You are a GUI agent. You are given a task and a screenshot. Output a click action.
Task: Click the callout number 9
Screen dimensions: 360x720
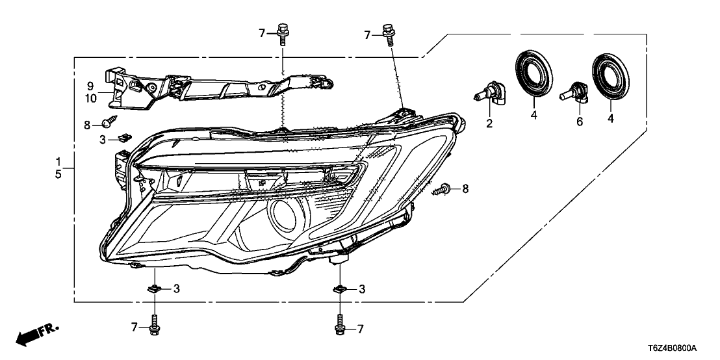pyautogui.click(x=91, y=85)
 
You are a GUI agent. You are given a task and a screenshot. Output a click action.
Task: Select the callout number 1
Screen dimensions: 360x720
pyautogui.click(x=58, y=161)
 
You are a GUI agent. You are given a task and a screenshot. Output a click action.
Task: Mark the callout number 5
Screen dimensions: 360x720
pyautogui.click(x=58, y=174)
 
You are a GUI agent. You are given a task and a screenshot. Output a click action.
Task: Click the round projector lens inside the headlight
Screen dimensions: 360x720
pyautogui.click(x=284, y=214)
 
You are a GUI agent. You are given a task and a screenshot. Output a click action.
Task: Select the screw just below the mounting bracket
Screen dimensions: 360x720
pyautogui.click(x=109, y=121)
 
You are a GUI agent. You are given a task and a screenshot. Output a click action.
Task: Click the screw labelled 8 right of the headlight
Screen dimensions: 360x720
pyautogui.click(x=444, y=189)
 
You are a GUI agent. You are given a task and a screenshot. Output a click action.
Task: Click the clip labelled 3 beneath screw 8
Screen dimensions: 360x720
pyautogui.click(x=124, y=137)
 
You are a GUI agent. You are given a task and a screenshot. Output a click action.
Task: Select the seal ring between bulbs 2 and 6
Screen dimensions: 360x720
pyautogui.click(x=532, y=76)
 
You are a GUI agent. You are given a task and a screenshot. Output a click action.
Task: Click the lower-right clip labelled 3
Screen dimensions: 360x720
pyautogui.click(x=339, y=289)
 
